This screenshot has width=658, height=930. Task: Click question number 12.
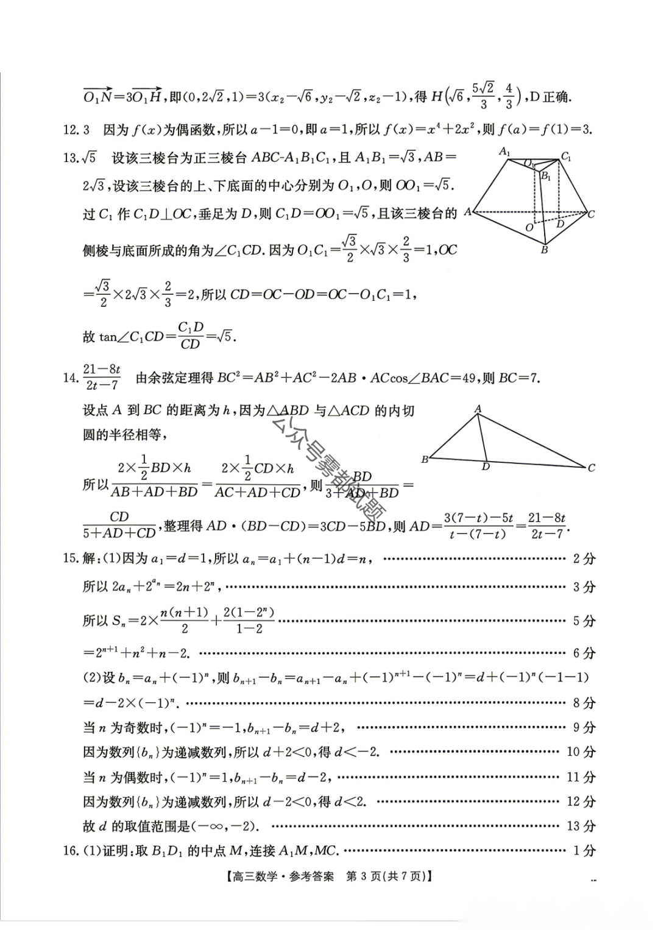[71, 129]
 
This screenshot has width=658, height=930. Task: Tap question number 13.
[71, 158]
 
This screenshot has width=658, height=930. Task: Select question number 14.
[71, 378]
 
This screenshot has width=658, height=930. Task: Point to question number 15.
[71, 558]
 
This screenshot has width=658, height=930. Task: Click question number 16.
[71, 851]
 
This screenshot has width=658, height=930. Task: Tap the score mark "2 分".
[584, 558]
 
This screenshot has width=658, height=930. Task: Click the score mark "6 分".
[584, 653]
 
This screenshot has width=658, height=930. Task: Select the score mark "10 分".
[581, 752]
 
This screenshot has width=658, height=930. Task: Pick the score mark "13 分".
[581, 826]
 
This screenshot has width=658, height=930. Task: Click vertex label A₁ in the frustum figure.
[505, 152]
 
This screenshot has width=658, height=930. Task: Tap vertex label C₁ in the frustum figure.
[566, 157]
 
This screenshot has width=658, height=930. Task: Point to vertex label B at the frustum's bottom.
[544, 250]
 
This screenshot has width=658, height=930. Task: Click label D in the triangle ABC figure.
[486, 468]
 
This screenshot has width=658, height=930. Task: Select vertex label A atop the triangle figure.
[478, 409]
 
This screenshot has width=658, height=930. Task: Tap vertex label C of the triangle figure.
[591, 468]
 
